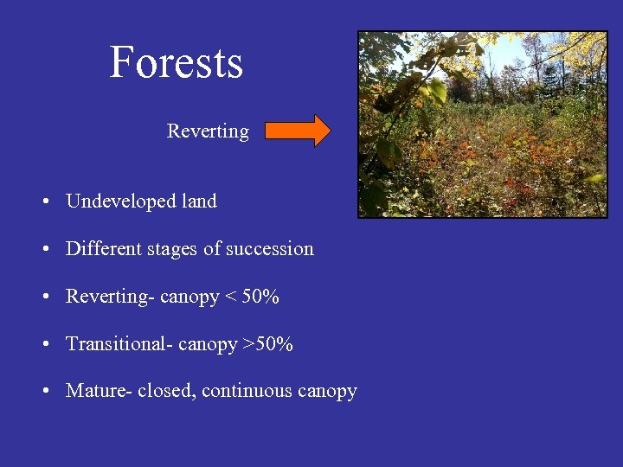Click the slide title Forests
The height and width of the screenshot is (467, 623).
(177, 62)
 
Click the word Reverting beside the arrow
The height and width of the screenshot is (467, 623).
(208, 131)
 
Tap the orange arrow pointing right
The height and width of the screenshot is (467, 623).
(297, 131)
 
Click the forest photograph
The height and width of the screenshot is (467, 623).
(483, 125)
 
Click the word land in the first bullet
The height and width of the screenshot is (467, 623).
(199, 202)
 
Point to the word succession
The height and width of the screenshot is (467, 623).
(271, 249)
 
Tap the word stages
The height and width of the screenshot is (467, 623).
(170, 250)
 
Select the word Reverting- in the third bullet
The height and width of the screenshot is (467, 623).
(110, 297)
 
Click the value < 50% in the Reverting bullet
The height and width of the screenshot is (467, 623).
(252, 297)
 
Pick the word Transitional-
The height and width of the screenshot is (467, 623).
(119, 344)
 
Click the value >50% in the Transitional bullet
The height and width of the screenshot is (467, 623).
(267, 344)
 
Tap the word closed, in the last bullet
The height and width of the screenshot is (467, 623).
(168, 391)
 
